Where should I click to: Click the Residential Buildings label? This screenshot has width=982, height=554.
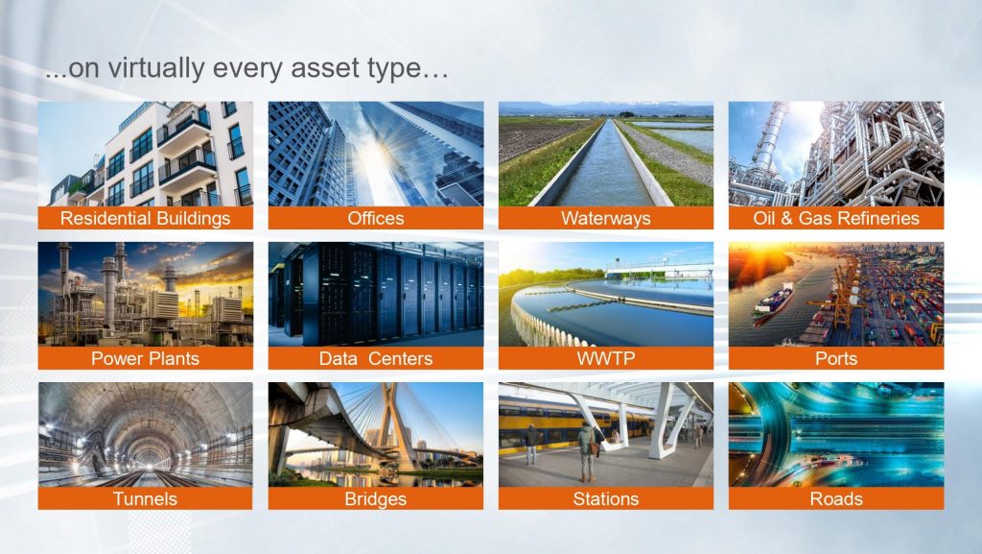click(x=146, y=218)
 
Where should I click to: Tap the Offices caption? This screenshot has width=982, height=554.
click(x=376, y=218)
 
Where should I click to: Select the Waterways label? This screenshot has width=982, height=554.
click(x=606, y=218)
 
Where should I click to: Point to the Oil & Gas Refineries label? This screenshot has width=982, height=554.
click(x=836, y=218)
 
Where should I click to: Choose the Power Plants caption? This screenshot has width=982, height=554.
click(x=146, y=358)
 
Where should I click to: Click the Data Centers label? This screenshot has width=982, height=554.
click(x=376, y=358)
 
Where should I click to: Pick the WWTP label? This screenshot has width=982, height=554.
click(x=606, y=358)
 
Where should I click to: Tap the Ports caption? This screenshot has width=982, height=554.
click(x=836, y=358)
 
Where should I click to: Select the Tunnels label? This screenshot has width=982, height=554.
click(x=146, y=499)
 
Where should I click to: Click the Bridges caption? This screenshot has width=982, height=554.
click(x=376, y=499)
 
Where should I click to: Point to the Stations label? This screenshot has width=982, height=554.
click(x=606, y=499)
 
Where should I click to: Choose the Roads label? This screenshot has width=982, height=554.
click(x=836, y=499)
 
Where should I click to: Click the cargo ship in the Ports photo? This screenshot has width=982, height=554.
click(x=774, y=301)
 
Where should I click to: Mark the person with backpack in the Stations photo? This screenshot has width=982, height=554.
click(x=587, y=451)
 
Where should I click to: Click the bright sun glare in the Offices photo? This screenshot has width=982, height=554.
click(x=376, y=153)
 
